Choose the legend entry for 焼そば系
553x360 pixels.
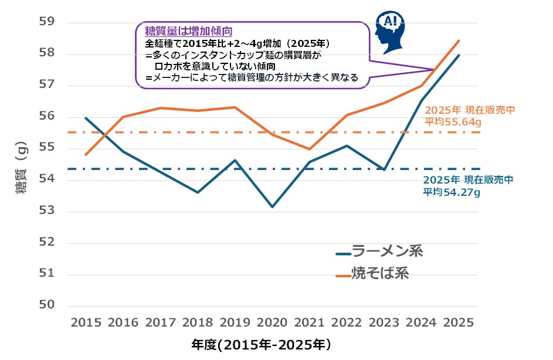[372, 273]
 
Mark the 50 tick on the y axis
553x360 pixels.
[46, 305]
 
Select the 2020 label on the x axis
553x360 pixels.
[273, 323]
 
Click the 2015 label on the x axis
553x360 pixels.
[86, 323]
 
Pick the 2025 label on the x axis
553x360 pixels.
[459, 323]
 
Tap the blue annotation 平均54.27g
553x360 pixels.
[451, 192]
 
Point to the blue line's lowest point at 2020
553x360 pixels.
[273, 207]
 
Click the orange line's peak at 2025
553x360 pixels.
[459, 40]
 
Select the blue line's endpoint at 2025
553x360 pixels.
[459, 55]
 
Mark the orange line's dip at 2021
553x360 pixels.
[310, 150]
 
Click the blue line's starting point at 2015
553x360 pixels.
[86, 118]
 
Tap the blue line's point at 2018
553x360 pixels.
[198, 192]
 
